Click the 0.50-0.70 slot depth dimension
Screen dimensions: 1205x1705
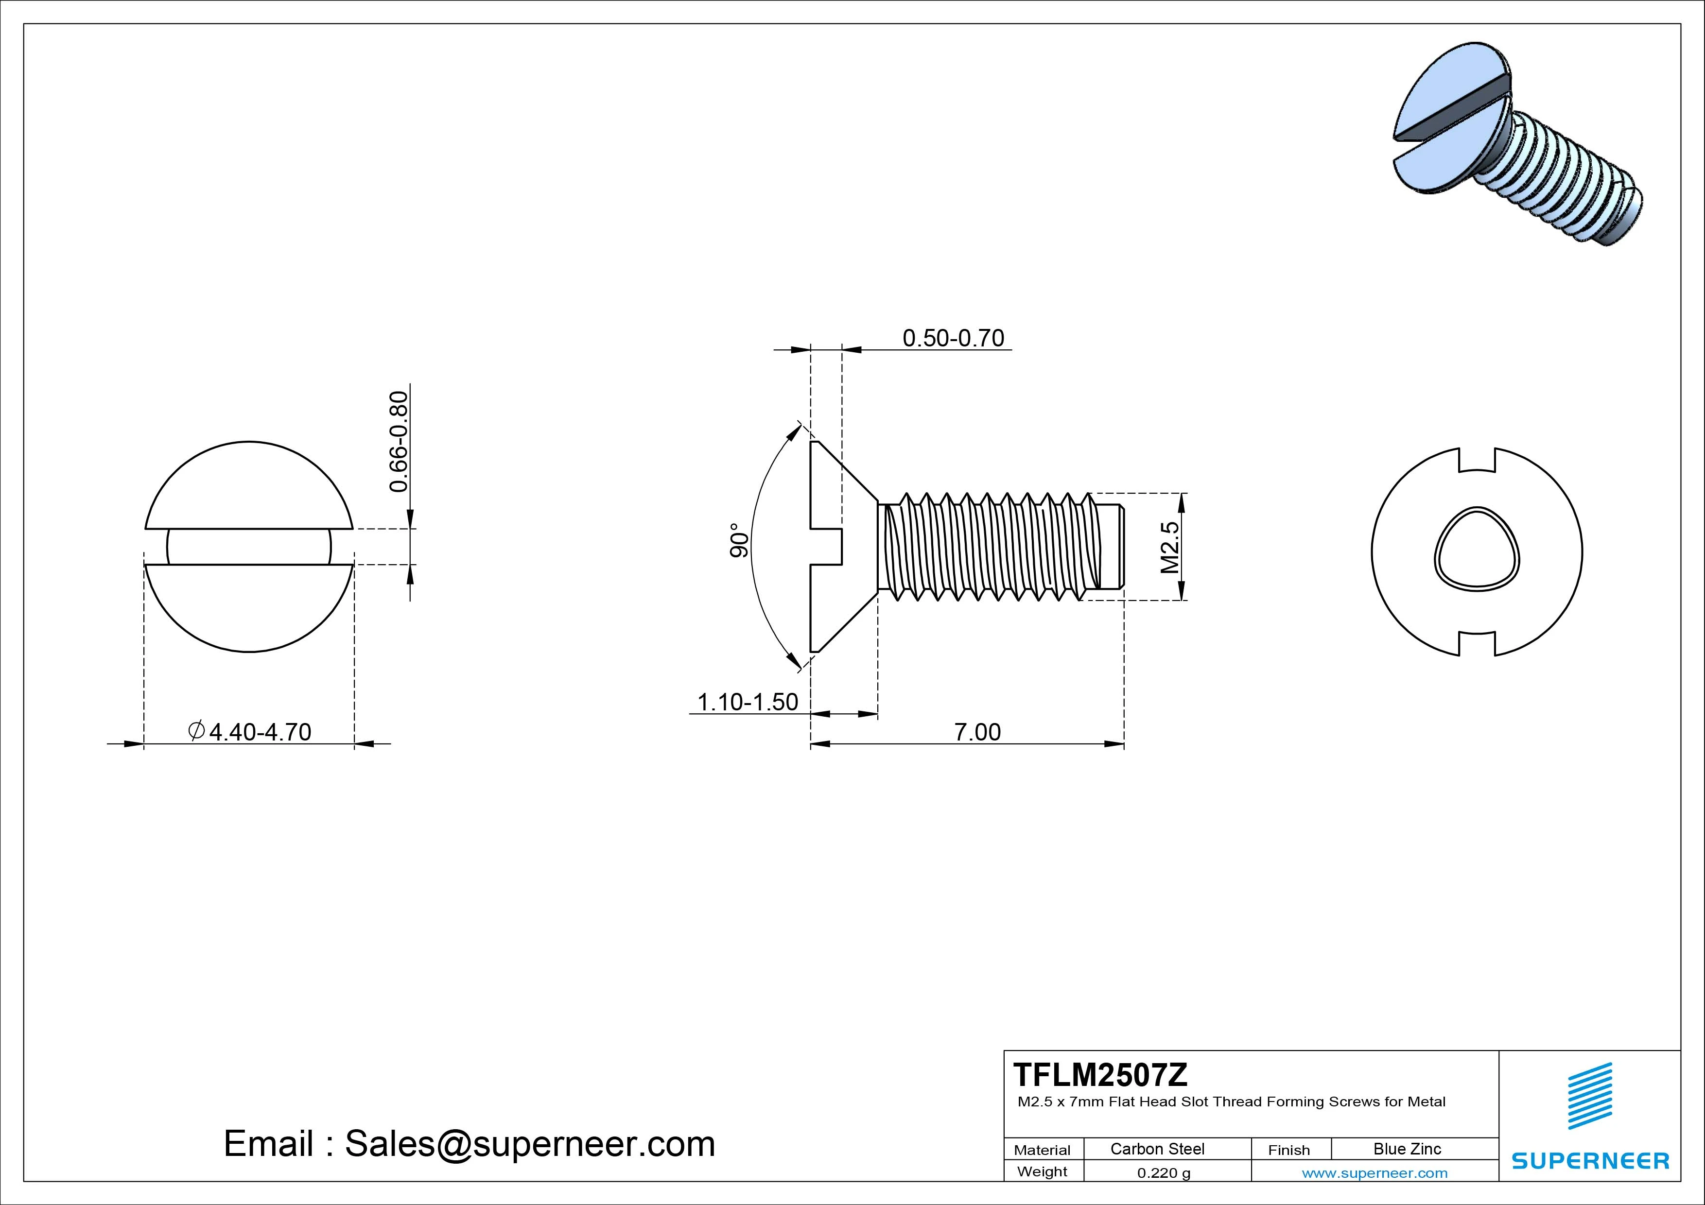953,339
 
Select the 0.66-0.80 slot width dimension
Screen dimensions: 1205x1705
399,441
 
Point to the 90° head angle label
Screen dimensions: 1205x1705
739,540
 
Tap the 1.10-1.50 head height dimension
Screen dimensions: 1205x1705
747,702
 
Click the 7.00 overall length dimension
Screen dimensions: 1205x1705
977,732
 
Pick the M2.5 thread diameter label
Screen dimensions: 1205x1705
1169,547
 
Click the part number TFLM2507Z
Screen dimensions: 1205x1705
1100,1074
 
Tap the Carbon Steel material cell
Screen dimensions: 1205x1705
1157,1149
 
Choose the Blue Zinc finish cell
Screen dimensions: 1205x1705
1407,1149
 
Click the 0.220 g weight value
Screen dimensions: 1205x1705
1164,1173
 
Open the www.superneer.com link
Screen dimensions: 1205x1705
1374,1173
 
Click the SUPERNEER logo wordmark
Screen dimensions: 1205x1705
1590,1160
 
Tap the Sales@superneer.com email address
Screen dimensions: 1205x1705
529,1143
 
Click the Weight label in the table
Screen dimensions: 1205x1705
1042,1171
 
